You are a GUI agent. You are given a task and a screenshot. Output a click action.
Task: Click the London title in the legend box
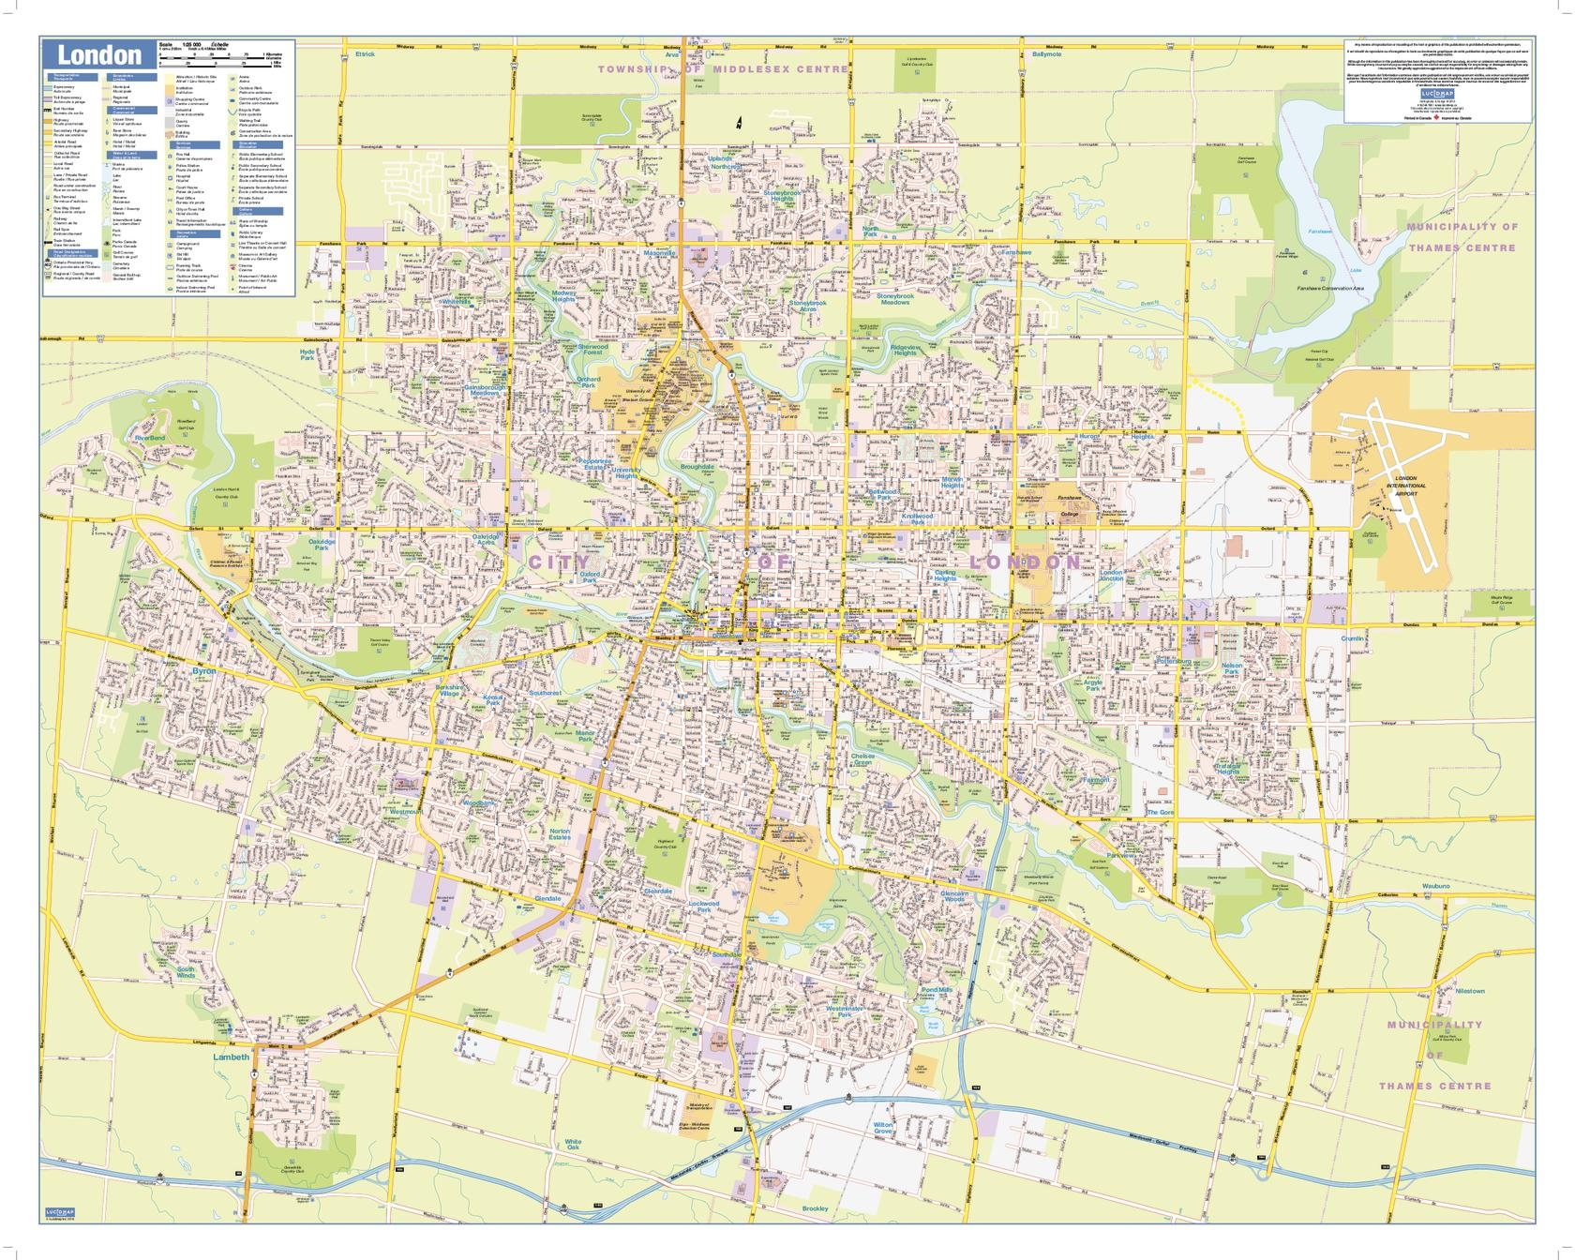99,54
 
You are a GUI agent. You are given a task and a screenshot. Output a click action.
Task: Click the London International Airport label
1406,482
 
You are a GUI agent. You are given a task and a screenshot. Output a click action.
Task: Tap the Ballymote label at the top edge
1046,54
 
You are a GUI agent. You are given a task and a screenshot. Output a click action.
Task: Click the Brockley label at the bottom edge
815,1208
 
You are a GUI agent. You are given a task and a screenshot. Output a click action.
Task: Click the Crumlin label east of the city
1352,638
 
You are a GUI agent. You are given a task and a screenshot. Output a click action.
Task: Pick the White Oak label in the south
573,1145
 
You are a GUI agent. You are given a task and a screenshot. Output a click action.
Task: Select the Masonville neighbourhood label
660,253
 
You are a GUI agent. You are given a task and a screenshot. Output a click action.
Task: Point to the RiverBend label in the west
150,438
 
